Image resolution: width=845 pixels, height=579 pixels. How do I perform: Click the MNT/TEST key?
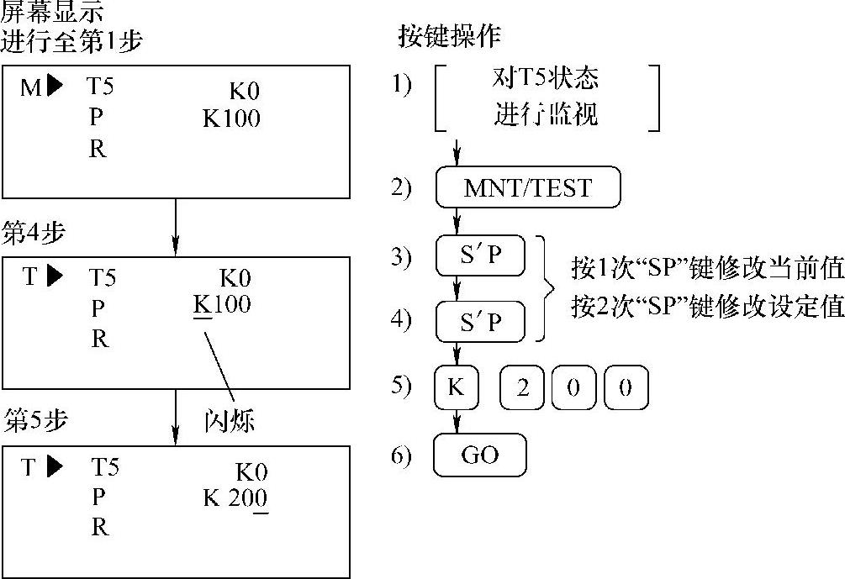(527, 187)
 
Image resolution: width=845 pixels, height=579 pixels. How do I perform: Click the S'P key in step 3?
(480, 256)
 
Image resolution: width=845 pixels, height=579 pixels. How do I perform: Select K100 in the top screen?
(231, 118)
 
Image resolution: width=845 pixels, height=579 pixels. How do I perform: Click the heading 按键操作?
(448, 36)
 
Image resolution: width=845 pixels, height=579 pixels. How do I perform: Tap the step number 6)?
(402, 455)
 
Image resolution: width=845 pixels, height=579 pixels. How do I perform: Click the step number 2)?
(402, 187)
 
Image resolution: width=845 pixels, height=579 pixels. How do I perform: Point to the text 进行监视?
(545, 113)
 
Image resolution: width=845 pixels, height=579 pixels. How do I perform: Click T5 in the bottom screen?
(104, 467)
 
